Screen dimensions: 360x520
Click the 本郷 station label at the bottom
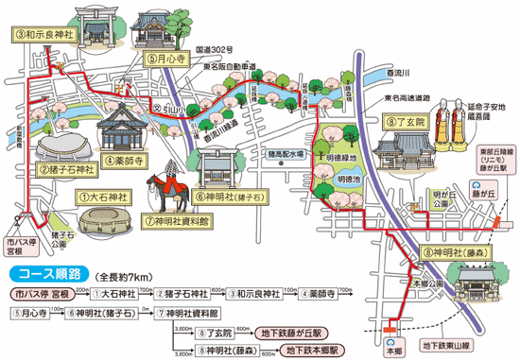393,347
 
